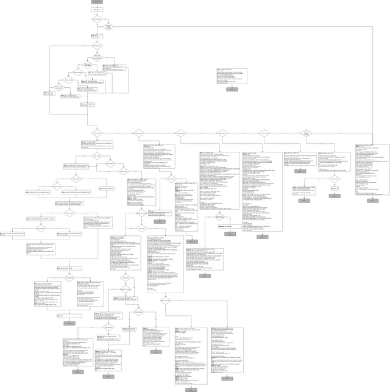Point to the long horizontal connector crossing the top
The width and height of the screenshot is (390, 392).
pos(244,27)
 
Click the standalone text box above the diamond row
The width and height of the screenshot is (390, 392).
pos(232,77)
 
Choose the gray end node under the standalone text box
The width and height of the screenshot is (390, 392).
pos(232,89)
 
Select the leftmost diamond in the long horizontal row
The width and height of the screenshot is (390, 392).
pos(96,132)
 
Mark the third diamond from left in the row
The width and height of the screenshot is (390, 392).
pos(180,132)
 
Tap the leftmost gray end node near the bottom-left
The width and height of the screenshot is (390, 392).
pos(68,323)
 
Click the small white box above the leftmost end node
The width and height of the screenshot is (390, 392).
pos(60,315)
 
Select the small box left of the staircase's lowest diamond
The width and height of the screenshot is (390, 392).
pos(48,93)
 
